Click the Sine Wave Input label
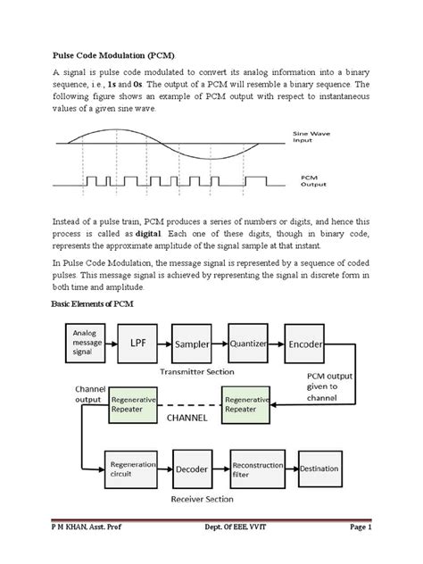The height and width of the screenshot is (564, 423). click(315, 137)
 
